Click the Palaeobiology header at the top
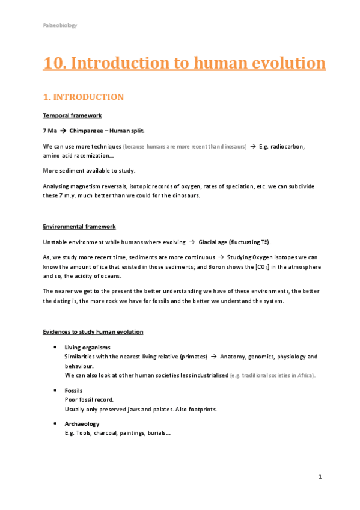point(59,25)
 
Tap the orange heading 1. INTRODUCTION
point(83,97)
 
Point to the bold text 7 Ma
point(50,131)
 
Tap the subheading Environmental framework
point(79,226)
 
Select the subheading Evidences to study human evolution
point(93,331)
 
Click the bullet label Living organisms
point(87,348)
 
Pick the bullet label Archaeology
point(82,424)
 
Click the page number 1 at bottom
point(320,477)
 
